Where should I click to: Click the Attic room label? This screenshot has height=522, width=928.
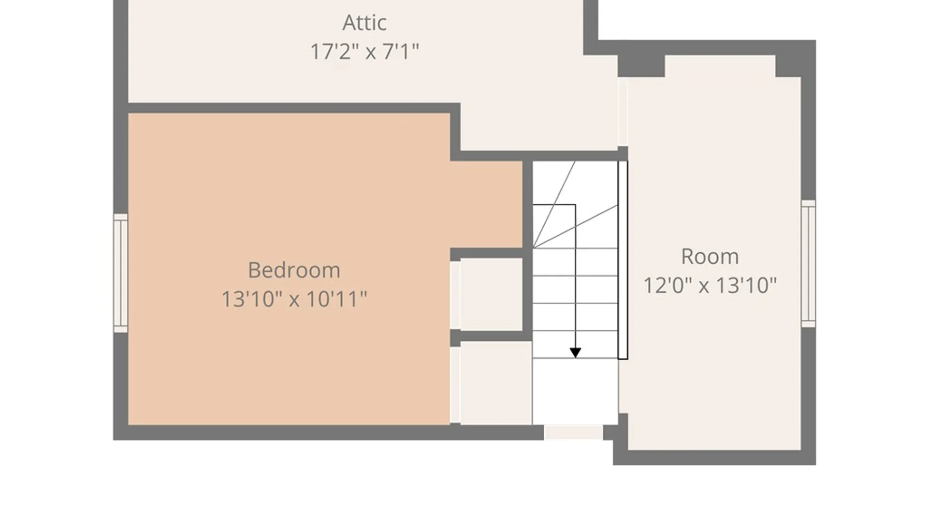click(x=364, y=23)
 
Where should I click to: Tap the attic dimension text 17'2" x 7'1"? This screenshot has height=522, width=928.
click(x=364, y=51)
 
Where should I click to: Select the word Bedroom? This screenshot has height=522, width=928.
click(x=294, y=270)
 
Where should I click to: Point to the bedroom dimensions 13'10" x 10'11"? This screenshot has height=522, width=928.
click(x=294, y=299)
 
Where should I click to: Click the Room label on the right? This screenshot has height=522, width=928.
click(x=710, y=256)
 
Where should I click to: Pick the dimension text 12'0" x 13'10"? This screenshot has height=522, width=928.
click(x=710, y=285)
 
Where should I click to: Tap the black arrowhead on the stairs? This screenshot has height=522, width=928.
click(x=575, y=353)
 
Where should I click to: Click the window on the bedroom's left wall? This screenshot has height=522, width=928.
click(x=120, y=273)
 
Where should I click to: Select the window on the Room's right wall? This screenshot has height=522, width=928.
click(x=809, y=263)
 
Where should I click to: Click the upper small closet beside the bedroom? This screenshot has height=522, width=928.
click(x=491, y=294)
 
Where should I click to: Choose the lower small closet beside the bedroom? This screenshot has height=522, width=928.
click(x=496, y=383)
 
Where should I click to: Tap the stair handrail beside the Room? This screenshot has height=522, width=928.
click(x=623, y=260)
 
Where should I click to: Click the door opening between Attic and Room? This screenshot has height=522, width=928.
click(x=623, y=112)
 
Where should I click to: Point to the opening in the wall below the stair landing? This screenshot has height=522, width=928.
click(x=573, y=432)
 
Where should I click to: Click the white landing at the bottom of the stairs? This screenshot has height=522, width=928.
click(x=575, y=391)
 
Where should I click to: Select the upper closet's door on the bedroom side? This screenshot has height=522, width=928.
click(x=455, y=295)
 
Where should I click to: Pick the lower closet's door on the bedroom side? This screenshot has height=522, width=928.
click(x=455, y=385)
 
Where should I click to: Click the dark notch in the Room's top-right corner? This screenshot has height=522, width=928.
click(x=788, y=66)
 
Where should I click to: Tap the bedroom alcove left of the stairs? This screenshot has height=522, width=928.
click(x=487, y=204)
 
